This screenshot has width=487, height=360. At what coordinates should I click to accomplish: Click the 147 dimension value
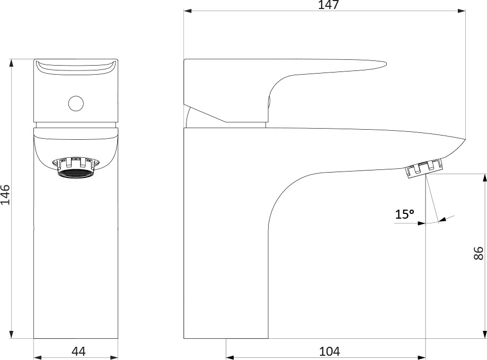pos(329,5)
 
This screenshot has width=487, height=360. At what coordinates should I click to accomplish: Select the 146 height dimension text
pos(5,195)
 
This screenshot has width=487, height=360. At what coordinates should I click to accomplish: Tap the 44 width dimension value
pos(78,352)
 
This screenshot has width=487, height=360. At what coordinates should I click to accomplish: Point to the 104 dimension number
pos(330,352)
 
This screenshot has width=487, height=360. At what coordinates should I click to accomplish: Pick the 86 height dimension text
pos(479,253)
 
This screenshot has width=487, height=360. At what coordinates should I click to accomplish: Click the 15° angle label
pos(404,214)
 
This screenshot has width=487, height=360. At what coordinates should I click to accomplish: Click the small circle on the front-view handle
pos(76,103)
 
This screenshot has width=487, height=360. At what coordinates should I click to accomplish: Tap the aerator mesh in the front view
pos(75,173)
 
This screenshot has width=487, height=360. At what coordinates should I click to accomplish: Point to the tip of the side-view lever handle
pos(386,64)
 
